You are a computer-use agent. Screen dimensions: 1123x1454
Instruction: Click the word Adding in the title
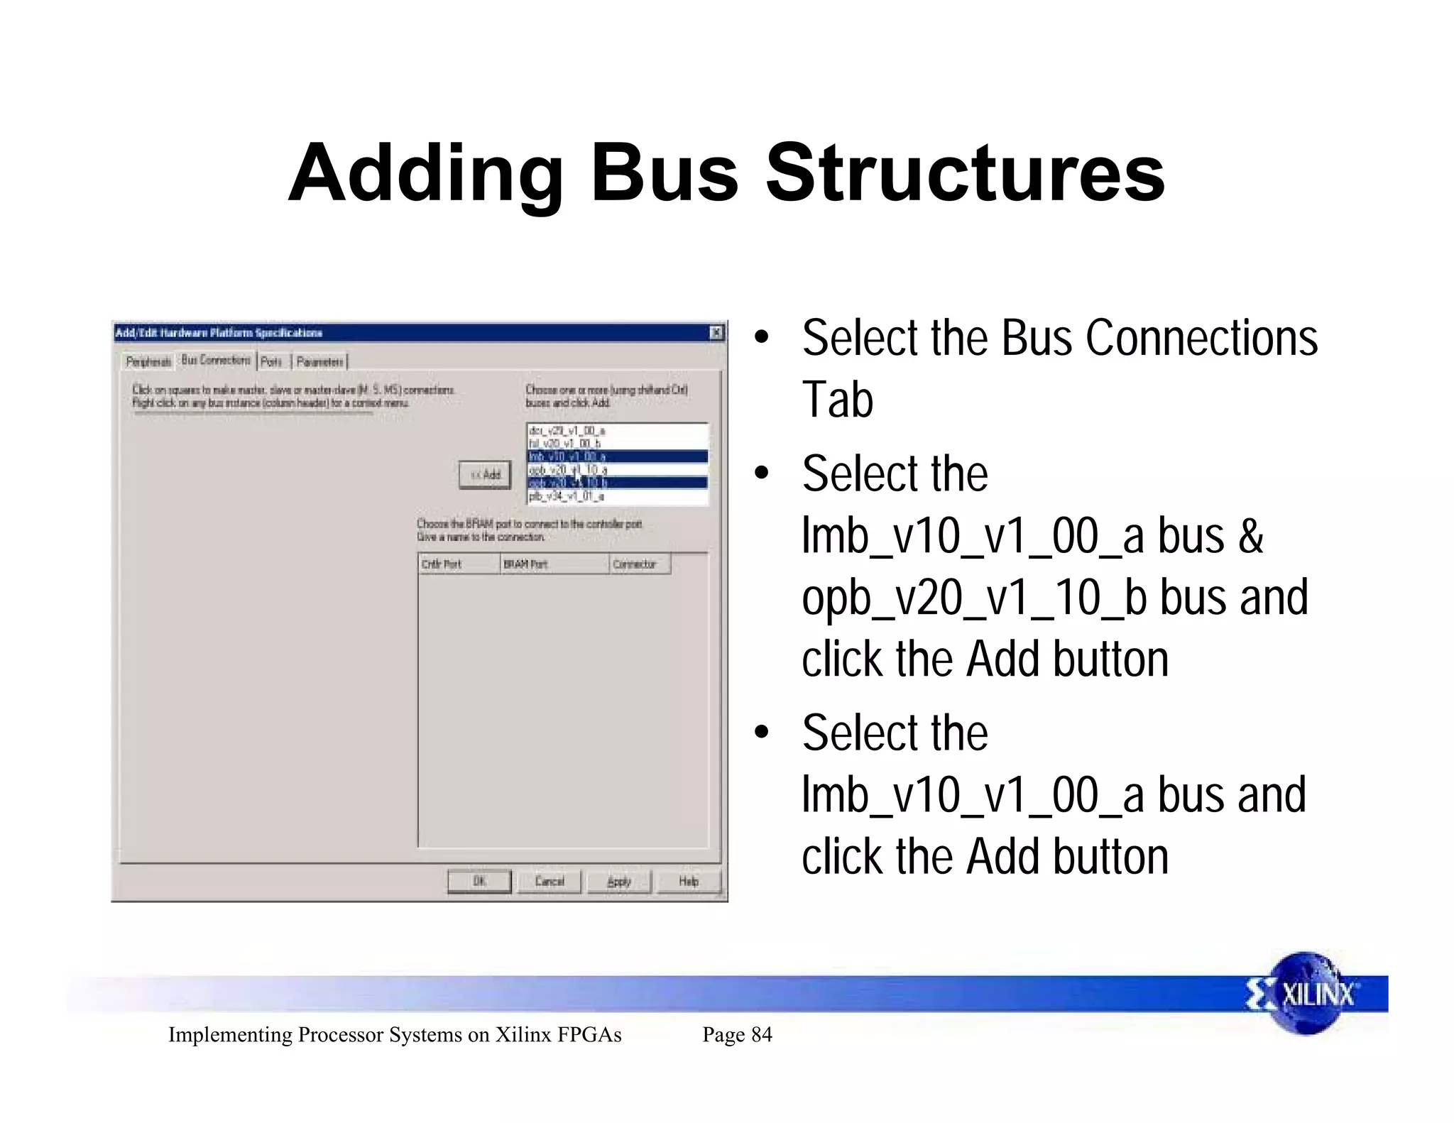tap(426, 172)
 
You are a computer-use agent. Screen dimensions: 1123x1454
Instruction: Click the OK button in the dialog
tap(479, 881)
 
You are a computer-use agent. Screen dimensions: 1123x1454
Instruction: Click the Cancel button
tap(549, 881)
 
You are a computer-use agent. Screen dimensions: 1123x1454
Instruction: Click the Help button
tap(688, 881)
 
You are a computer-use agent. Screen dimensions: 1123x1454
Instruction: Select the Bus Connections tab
tap(216, 360)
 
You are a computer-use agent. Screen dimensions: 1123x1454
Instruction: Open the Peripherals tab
tap(148, 362)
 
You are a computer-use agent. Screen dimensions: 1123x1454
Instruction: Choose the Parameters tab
tap(319, 362)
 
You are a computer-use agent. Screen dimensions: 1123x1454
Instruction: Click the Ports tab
tap(271, 362)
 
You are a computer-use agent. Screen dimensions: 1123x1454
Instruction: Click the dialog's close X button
tap(716, 332)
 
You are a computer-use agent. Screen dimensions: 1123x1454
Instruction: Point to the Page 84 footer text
tap(737, 1034)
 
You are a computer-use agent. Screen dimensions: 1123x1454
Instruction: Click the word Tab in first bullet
tap(837, 400)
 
